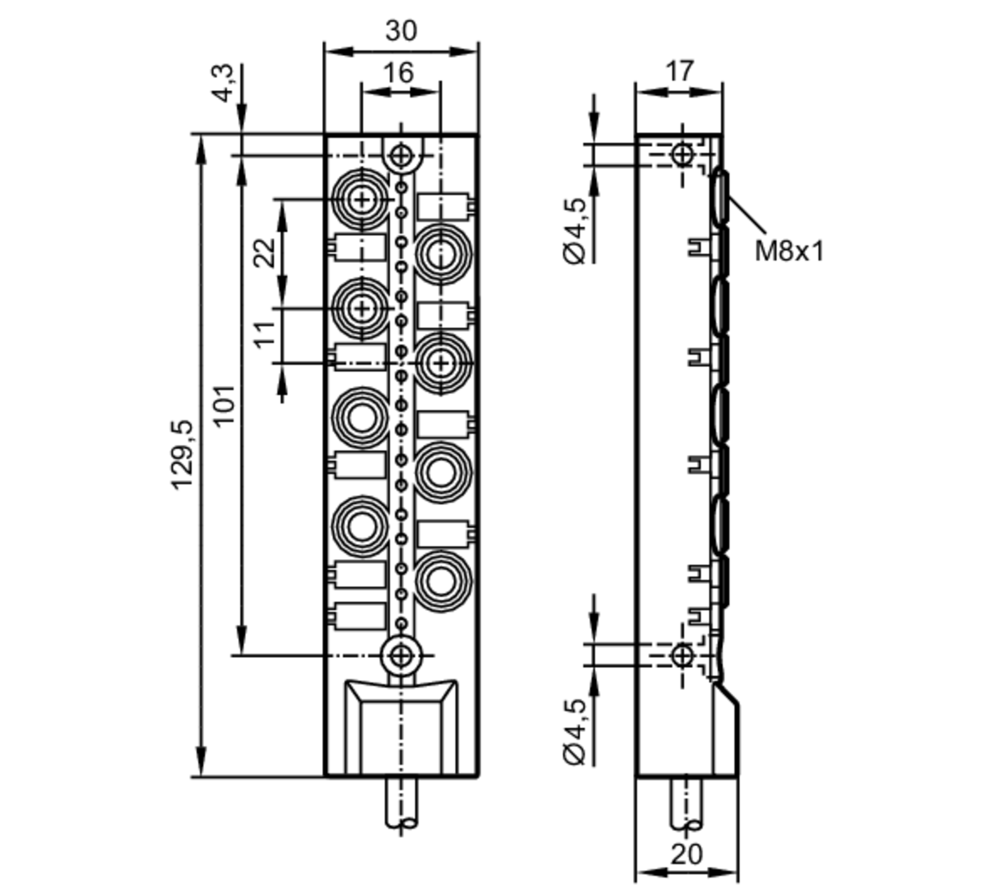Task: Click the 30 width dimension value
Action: [x=401, y=31]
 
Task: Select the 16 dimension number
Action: [x=398, y=73]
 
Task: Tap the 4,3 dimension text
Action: [x=225, y=83]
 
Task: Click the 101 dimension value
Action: [x=225, y=404]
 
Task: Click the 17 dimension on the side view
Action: [x=679, y=71]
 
